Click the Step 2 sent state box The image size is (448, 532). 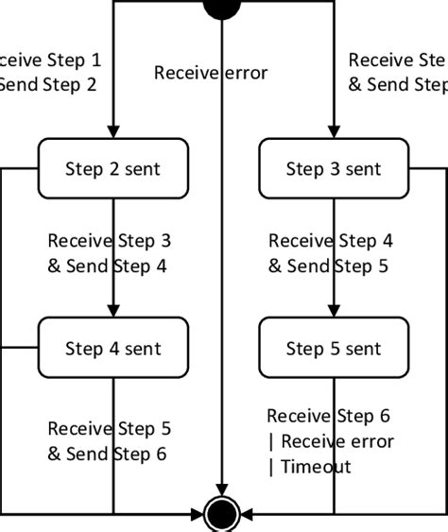tap(112, 169)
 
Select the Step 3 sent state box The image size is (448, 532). tap(334, 169)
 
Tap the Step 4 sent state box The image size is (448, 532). tap(112, 348)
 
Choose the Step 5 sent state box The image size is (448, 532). tap(334, 348)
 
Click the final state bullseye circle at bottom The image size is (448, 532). tap(222, 515)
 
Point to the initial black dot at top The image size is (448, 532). tap(222, 7)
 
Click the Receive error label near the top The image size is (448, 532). tap(211, 73)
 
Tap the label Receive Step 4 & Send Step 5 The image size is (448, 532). tap(329, 253)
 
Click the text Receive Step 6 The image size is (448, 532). tap(328, 416)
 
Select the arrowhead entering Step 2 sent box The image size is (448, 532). tap(112, 132)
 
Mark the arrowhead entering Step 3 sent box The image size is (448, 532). tap(334, 132)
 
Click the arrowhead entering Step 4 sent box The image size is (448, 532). tap(112, 311)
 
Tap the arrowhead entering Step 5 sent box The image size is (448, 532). tap(334, 311)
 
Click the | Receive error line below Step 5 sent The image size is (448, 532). tap(331, 441)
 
